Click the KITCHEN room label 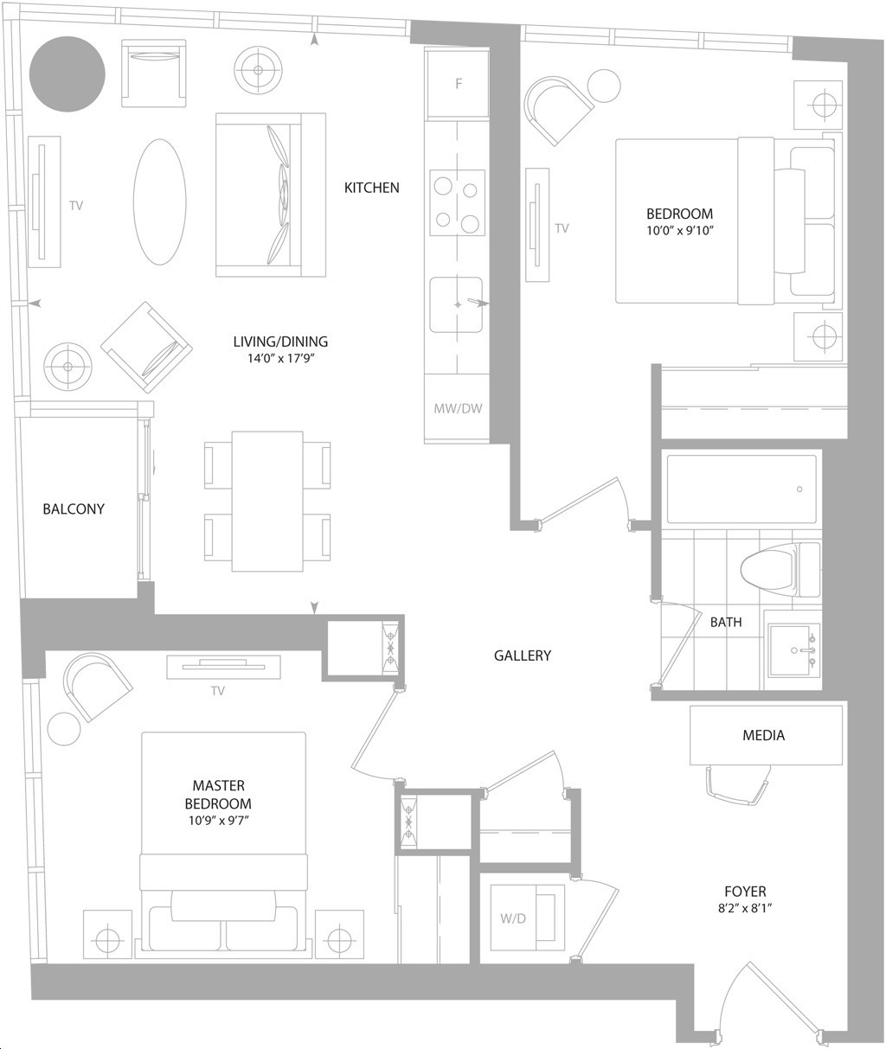371,188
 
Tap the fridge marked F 457,83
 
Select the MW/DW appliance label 458,408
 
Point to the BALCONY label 74,509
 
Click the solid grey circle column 67,74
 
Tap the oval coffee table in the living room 160,201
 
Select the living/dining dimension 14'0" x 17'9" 280,358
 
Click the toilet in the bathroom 780,569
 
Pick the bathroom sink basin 794,650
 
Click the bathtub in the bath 742,489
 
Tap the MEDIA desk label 763,735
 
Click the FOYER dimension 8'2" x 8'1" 745,908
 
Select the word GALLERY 522,656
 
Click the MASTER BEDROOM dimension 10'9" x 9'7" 218,821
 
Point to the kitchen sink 456,304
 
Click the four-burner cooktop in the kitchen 457,202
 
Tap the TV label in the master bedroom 217,691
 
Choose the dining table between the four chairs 267,501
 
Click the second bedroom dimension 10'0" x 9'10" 680,231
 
